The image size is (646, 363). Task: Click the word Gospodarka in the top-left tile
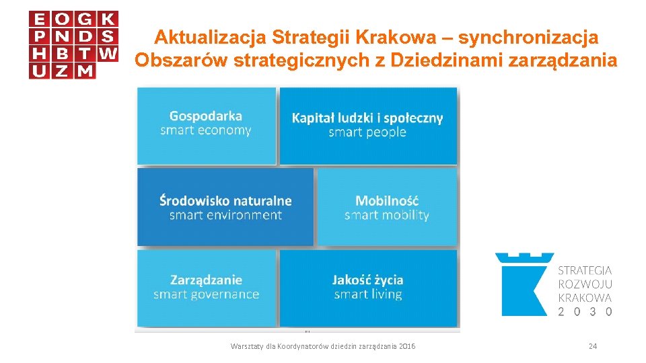205,116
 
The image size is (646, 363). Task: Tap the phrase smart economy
205,130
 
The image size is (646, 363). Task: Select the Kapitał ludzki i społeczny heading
367,118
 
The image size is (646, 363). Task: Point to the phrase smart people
367,132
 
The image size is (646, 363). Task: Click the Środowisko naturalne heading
225,200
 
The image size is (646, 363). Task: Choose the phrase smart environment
225,215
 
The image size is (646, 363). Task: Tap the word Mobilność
387,200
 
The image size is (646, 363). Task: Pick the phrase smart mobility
387,215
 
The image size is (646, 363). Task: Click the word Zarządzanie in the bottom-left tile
206,279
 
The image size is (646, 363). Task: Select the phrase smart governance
206,294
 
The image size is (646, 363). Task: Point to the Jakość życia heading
367,279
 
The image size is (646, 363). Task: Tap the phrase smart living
367,294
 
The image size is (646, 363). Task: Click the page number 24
593,346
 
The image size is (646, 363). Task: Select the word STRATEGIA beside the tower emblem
585,270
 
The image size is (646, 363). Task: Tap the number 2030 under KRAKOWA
585,312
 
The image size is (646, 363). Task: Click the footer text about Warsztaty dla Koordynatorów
323,346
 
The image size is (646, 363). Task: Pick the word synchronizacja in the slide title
530,36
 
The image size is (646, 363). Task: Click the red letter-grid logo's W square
108,52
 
